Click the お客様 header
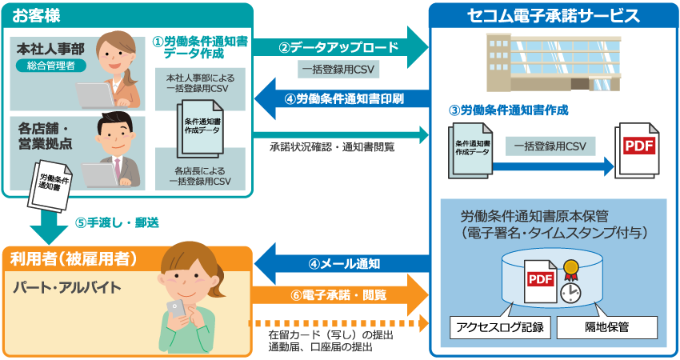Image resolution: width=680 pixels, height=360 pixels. point(37,15)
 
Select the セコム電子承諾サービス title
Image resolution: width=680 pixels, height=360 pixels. point(554,15)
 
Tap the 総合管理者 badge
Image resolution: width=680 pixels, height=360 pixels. point(50,66)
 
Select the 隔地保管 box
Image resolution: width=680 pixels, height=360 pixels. point(606,326)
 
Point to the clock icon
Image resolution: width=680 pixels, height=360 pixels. point(570,292)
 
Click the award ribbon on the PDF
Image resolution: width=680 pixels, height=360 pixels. point(571,268)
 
